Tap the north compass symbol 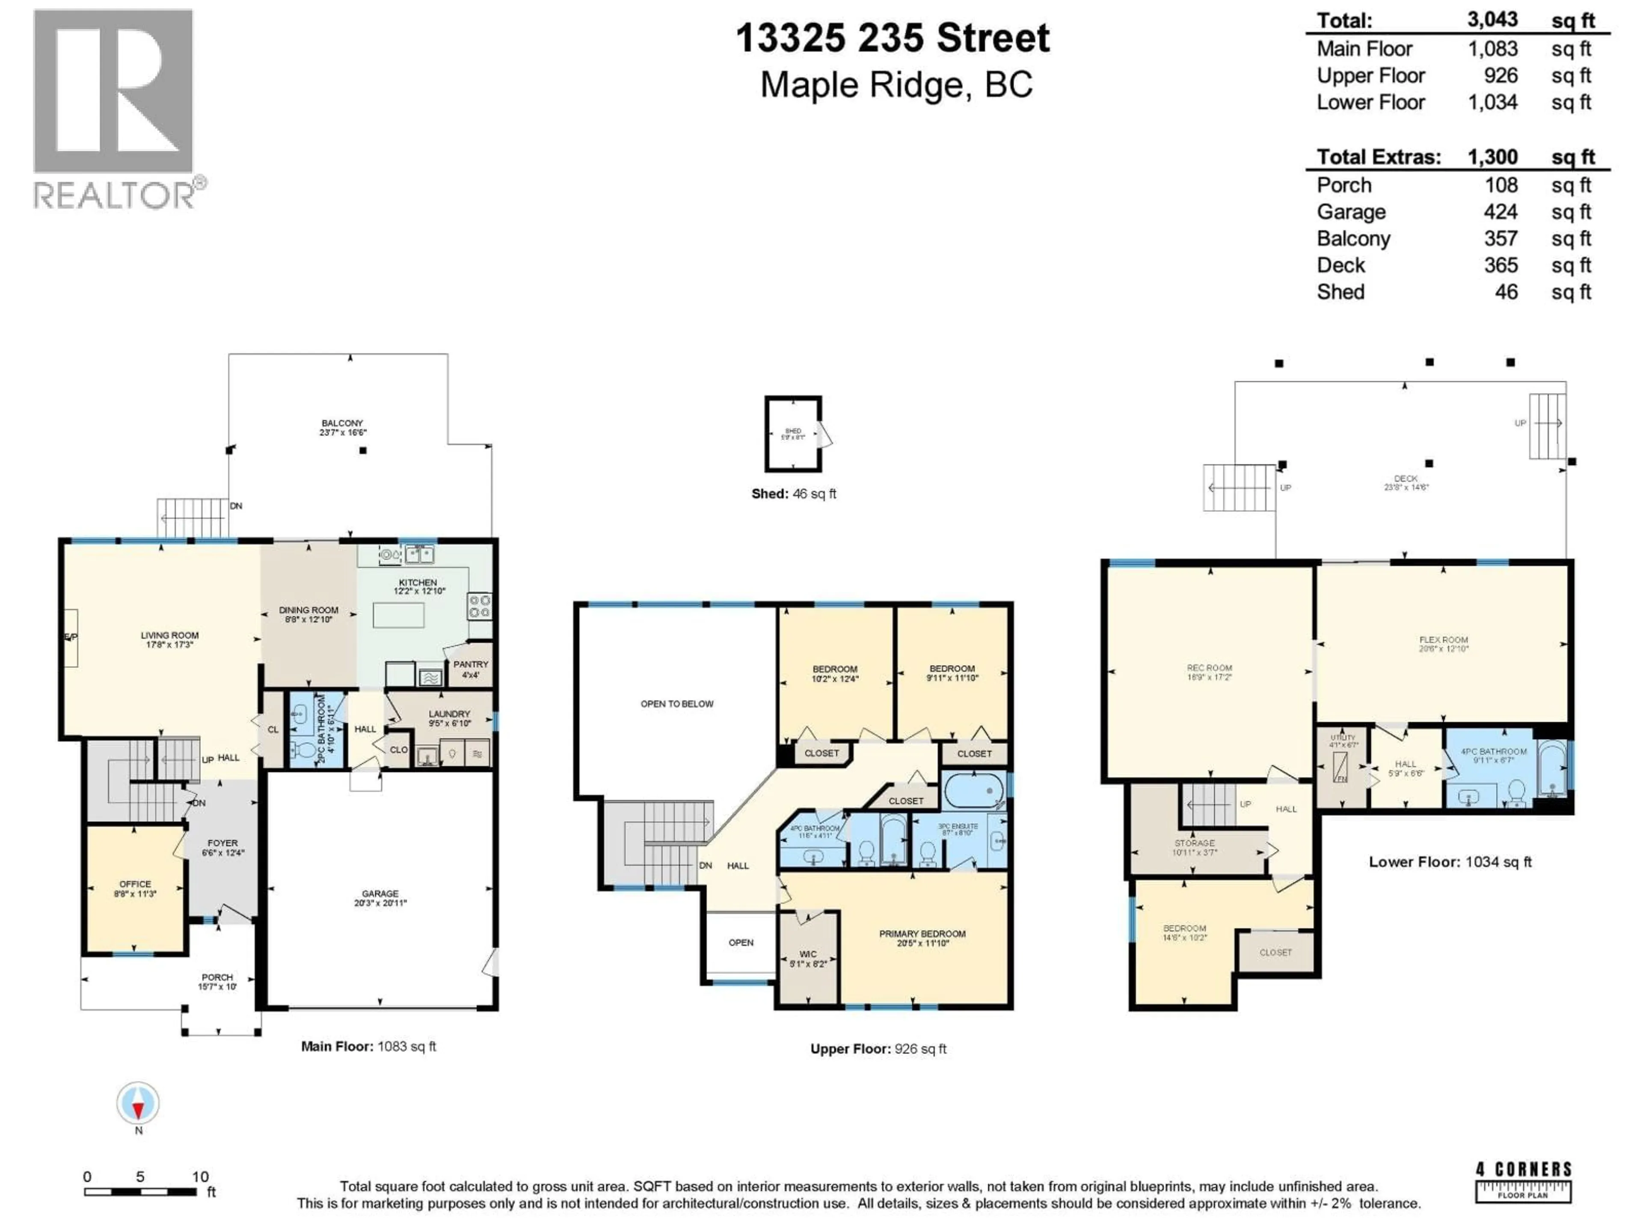click(138, 1104)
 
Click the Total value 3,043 click(1492, 20)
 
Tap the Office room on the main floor click(134, 889)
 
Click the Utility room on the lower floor click(1342, 765)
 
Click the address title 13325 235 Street click(893, 38)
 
